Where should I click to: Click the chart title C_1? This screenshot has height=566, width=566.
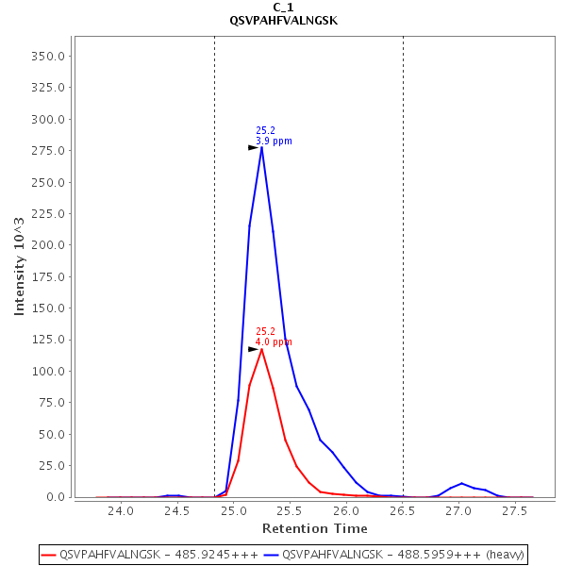pyautogui.click(x=283, y=7)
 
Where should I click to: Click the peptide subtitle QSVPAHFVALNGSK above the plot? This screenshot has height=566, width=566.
pyautogui.click(x=283, y=20)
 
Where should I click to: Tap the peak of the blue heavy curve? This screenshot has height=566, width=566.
pyautogui.click(x=261, y=147)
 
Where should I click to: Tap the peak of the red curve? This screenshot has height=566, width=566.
pyautogui.click(x=261, y=349)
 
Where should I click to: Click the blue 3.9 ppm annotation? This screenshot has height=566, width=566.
pyautogui.click(x=274, y=141)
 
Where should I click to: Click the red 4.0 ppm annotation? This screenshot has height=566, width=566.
pyautogui.click(x=274, y=342)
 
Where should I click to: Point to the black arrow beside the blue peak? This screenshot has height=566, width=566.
pyautogui.click(x=253, y=147)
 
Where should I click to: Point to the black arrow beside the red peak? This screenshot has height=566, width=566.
pyautogui.click(x=253, y=349)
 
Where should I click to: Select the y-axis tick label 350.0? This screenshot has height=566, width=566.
pyautogui.click(x=47, y=56)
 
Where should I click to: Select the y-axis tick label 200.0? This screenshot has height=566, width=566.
pyautogui.click(x=47, y=245)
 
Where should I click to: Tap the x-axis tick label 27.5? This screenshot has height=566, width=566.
pyautogui.click(x=515, y=510)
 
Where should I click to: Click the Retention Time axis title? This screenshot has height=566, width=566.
pyautogui.click(x=310, y=527)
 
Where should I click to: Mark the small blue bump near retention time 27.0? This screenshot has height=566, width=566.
pyautogui.click(x=461, y=484)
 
